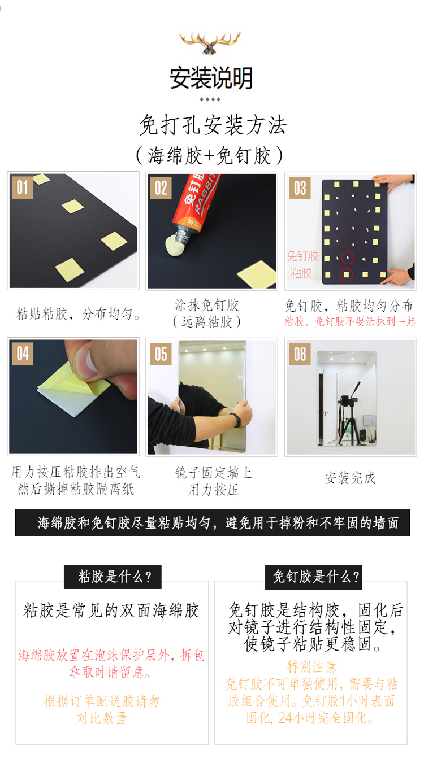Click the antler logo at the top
[210, 42]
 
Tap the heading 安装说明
[211, 78]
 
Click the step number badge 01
[22, 187]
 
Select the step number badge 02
[161, 187]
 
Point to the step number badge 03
[300, 187]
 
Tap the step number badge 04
[23, 354]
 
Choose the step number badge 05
[161, 354]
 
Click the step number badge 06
[300, 354]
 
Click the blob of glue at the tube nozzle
[175, 245]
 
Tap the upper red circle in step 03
[347, 258]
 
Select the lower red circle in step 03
[347, 275]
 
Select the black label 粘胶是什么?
[113, 577]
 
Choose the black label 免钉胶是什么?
[314, 577]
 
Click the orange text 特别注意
[311, 666]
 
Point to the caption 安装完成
[350, 478]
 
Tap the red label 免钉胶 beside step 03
[302, 256]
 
